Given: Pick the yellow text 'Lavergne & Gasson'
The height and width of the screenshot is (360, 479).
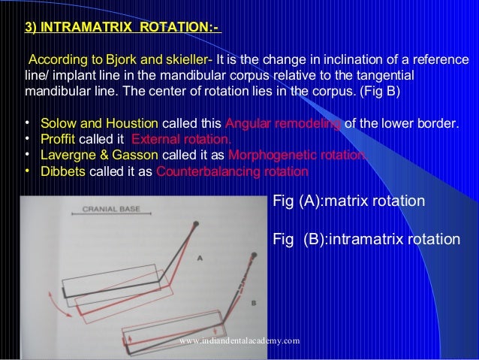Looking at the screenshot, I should [x=99, y=155].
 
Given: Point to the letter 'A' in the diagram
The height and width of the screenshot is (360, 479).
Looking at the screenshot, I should [x=200, y=257].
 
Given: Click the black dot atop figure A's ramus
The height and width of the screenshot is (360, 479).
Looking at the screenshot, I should [x=197, y=225].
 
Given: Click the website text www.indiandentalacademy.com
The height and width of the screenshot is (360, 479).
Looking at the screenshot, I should [x=240, y=340].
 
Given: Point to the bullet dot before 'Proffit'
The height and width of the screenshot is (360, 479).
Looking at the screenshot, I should [x=26, y=139].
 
